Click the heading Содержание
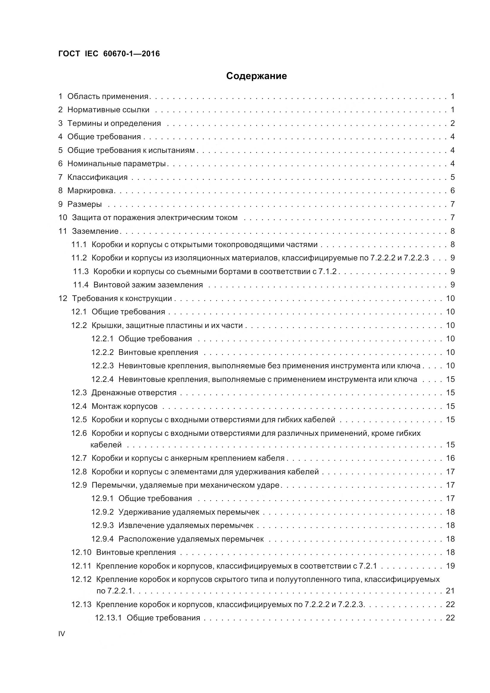click(256, 76)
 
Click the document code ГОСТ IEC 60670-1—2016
click(109, 54)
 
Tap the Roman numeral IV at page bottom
click(62, 634)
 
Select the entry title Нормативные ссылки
click(108, 110)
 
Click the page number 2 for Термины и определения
click(452, 123)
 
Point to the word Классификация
click(98, 177)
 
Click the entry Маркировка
click(90, 191)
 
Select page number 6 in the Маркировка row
click(452, 191)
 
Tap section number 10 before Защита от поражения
click(63, 218)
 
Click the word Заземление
click(95, 231)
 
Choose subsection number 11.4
click(81, 285)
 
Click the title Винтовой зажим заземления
click(148, 285)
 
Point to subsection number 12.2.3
click(102, 366)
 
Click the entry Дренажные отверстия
click(134, 393)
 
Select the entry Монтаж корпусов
click(125, 406)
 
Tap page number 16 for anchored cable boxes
click(450, 458)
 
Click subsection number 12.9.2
click(102, 512)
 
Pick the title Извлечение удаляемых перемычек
click(186, 526)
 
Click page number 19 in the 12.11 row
click(450, 566)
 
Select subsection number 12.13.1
click(108, 618)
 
